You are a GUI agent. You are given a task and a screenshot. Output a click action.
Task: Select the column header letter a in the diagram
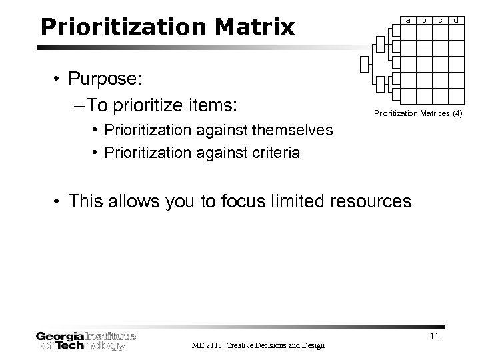point(408,20)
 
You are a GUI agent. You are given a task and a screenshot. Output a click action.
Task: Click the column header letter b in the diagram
point(424,20)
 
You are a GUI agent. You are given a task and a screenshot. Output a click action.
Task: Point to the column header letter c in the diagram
point(440,20)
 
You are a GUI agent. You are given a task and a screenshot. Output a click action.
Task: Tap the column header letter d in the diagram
point(456,20)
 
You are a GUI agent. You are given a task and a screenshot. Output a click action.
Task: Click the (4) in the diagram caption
point(457,114)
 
